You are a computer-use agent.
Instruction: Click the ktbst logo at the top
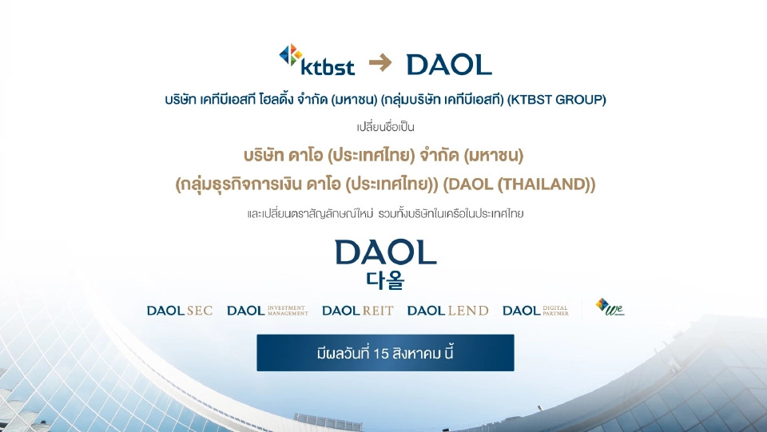pyautogui.click(x=317, y=61)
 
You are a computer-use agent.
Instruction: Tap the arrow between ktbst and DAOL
pyautogui.click(x=380, y=63)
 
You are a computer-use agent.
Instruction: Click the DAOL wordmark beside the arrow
pyautogui.click(x=449, y=64)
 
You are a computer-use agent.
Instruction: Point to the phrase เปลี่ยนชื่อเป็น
pyautogui.click(x=386, y=127)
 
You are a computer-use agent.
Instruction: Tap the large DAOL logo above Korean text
pyautogui.click(x=386, y=253)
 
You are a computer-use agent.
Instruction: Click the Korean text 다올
pyautogui.click(x=386, y=280)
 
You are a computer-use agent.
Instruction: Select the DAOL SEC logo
pyautogui.click(x=180, y=311)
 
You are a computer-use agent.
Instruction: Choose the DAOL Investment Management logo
pyautogui.click(x=268, y=311)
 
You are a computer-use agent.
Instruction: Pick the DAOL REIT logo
pyautogui.click(x=357, y=311)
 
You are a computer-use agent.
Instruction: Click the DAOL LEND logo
pyautogui.click(x=447, y=311)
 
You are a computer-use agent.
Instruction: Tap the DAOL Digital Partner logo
pyautogui.click(x=535, y=311)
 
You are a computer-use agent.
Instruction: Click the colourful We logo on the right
pyautogui.click(x=609, y=308)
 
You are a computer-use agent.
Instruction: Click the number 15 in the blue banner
pyautogui.click(x=380, y=353)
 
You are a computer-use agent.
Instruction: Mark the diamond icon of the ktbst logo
pyautogui.click(x=290, y=55)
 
